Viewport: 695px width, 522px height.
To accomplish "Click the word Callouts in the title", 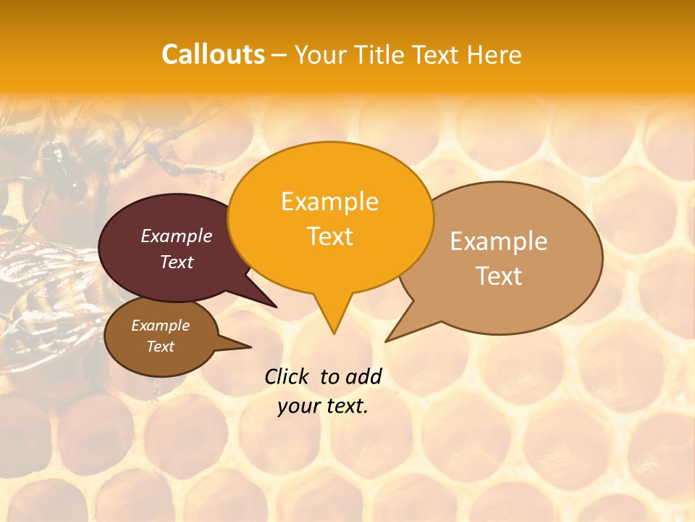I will pyautogui.click(x=213, y=54).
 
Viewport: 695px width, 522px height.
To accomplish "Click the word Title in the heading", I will pyautogui.click(x=379, y=55).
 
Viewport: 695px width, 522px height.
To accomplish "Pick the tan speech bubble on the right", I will pyautogui.click(x=550, y=297).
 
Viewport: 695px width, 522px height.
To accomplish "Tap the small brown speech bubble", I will pyautogui.click(x=138, y=359).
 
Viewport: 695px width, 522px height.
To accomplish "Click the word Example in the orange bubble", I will pyautogui.click(x=329, y=202).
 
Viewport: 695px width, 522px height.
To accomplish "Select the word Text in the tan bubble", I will pyautogui.click(x=499, y=276).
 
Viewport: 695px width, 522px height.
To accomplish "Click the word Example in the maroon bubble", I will pyautogui.click(x=177, y=236).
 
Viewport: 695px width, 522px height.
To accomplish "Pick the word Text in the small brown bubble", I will pyautogui.click(x=160, y=347).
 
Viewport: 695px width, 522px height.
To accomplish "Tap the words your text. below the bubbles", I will pyautogui.click(x=323, y=407).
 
